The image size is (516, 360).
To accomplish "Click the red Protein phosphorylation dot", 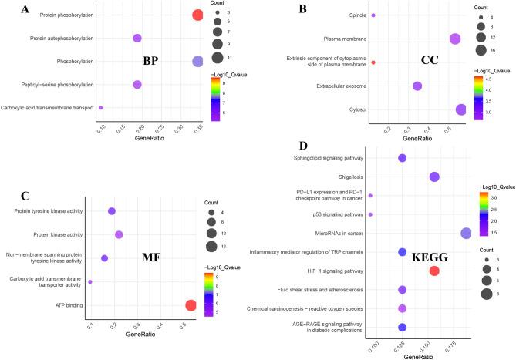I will (x=197, y=15).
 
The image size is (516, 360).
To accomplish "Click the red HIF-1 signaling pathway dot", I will (x=434, y=271).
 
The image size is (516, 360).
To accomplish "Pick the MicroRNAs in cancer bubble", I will (x=467, y=234).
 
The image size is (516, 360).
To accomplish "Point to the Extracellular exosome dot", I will (x=417, y=86).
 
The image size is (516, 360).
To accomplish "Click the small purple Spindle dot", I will (x=373, y=15).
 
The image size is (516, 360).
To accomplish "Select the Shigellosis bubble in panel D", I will (x=434, y=177).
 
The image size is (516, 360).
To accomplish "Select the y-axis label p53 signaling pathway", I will (x=339, y=214).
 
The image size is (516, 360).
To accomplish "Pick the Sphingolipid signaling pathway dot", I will (x=402, y=158).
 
